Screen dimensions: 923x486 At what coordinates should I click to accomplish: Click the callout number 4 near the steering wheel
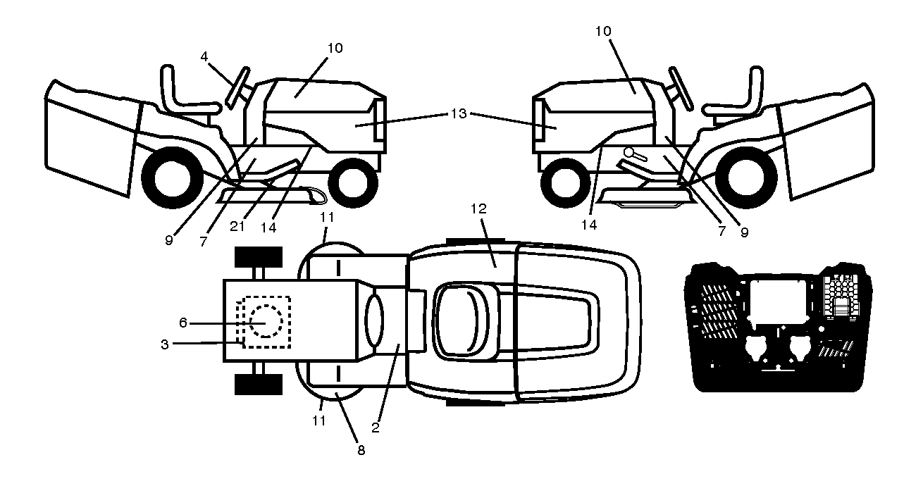tap(204, 56)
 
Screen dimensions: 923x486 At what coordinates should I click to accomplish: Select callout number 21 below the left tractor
tap(237, 226)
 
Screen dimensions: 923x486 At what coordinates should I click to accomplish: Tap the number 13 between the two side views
tap(458, 113)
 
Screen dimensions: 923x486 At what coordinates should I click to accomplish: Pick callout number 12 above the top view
tap(478, 208)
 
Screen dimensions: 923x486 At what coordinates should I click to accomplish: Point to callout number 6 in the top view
tap(183, 323)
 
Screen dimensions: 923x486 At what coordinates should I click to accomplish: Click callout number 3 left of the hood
tap(165, 344)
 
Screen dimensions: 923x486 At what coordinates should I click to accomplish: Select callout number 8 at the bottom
tap(361, 450)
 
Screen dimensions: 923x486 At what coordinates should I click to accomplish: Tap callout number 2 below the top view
tap(375, 428)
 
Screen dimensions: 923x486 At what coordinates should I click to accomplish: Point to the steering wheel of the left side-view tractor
tap(237, 88)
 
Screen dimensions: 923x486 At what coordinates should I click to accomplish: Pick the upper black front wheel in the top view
tap(259, 257)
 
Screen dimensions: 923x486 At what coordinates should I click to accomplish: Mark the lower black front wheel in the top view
tap(259, 385)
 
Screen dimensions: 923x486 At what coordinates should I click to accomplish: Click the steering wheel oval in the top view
tap(373, 320)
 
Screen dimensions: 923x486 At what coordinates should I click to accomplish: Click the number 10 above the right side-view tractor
tap(603, 31)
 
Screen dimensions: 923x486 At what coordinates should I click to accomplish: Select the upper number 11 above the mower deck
tap(327, 217)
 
